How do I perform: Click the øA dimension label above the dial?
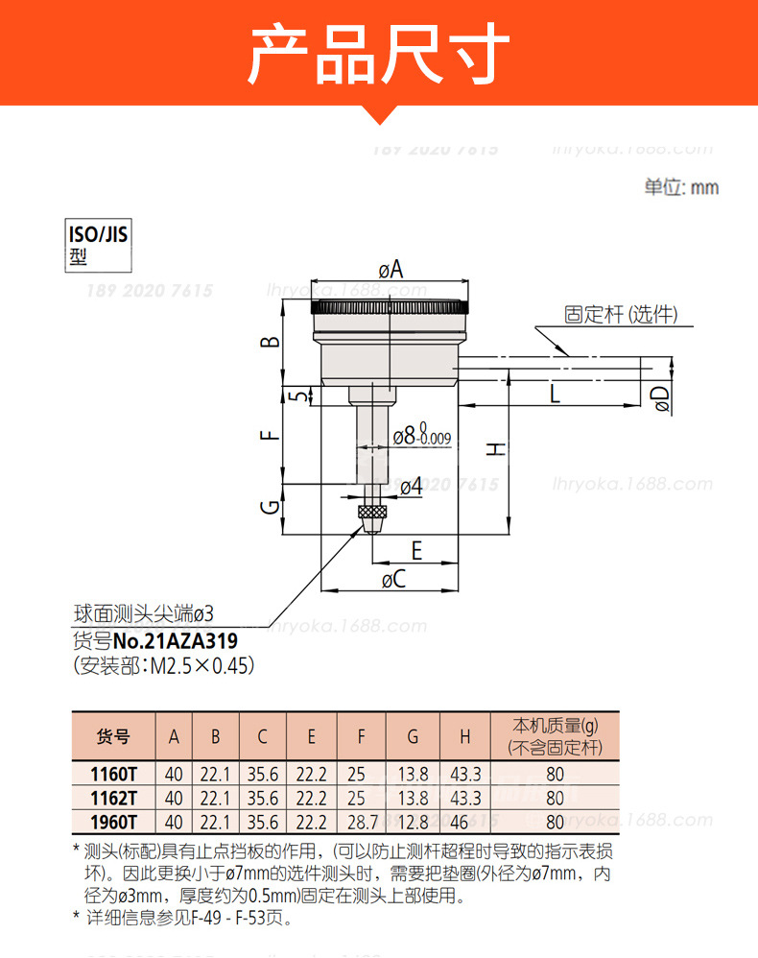[391, 269]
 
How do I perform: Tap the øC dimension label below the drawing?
[394, 579]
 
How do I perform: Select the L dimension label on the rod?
[555, 394]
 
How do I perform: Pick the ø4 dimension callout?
[411, 487]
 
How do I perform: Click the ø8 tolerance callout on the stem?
[422, 435]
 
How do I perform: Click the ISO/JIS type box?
[98, 245]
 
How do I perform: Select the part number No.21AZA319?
[176, 641]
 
